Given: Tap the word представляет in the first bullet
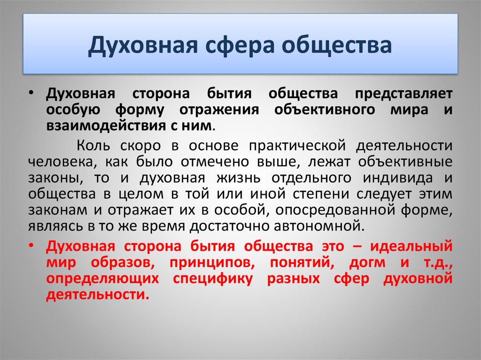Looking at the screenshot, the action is (x=403, y=93).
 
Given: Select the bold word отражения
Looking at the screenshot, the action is (x=219, y=110).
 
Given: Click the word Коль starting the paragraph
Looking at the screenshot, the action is (x=93, y=146).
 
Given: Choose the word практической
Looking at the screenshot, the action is (x=297, y=146).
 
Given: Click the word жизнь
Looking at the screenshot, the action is (x=238, y=178).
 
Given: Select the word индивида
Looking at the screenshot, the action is (x=398, y=178).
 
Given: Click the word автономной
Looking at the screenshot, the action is (x=319, y=226).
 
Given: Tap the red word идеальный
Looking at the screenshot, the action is (x=411, y=246).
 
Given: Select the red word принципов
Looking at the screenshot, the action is (x=212, y=263).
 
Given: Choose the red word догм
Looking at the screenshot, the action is (x=367, y=263).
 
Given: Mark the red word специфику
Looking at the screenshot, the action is (x=213, y=279).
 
